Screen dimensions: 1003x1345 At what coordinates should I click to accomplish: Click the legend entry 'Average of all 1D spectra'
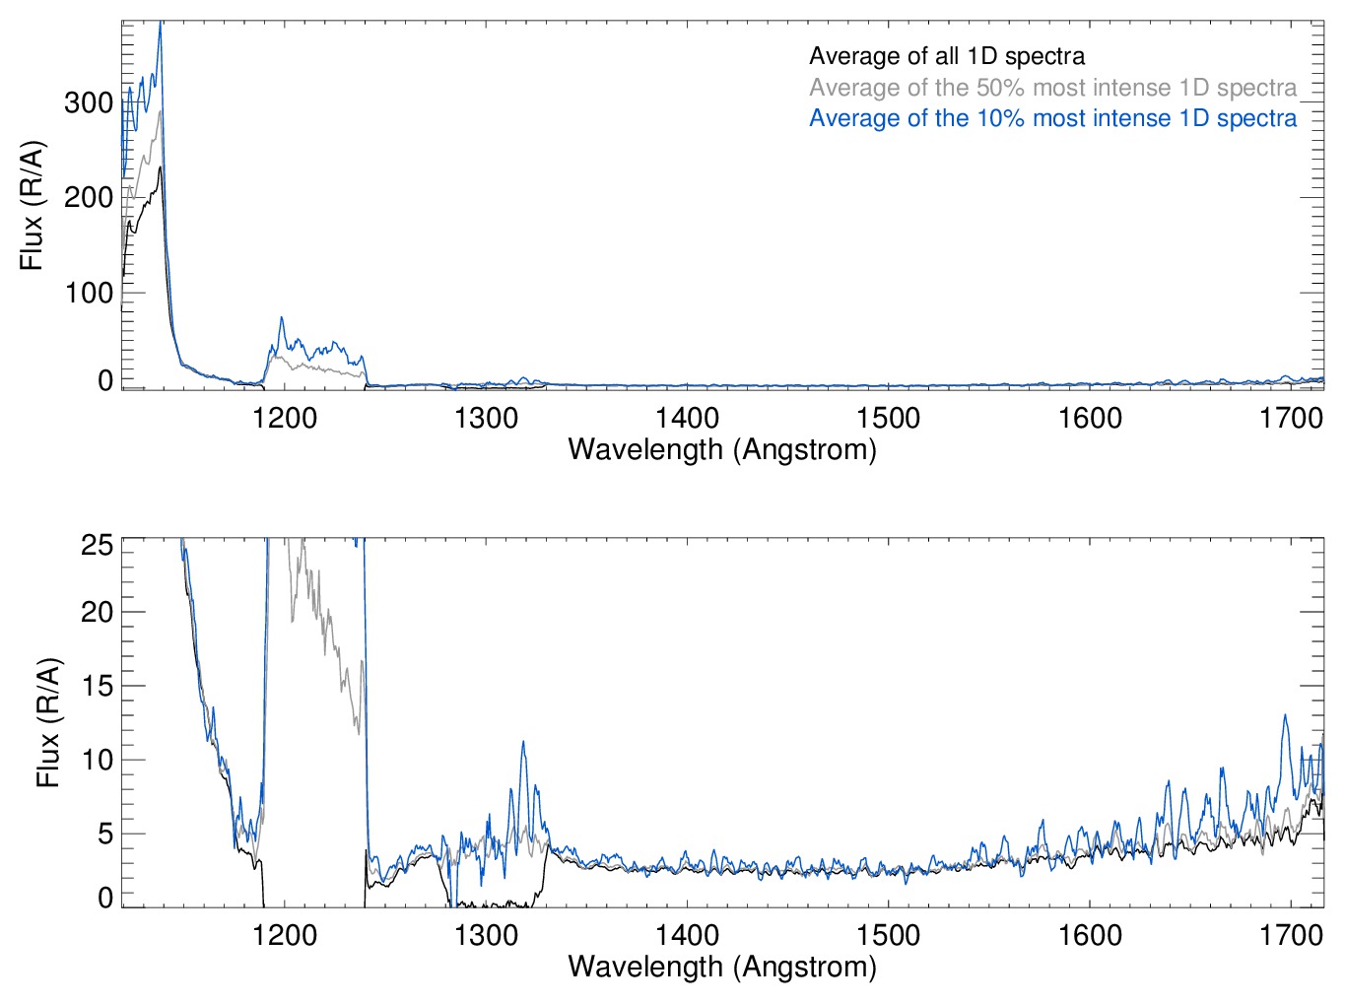[x=947, y=56]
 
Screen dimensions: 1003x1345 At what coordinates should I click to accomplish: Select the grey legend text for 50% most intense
[x=1052, y=88]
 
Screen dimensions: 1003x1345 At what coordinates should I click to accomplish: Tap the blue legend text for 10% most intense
[x=1052, y=118]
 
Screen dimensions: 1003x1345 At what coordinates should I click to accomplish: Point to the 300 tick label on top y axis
[x=89, y=102]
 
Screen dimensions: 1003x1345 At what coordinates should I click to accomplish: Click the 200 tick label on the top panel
[x=89, y=197]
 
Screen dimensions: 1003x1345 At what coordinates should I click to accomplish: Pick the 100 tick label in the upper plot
[x=89, y=293]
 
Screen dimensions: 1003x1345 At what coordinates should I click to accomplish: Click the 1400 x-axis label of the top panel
[x=688, y=419]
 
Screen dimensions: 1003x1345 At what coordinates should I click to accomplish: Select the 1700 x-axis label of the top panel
[x=1291, y=419]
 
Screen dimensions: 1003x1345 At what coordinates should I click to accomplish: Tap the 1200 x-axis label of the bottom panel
[x=285, y=935]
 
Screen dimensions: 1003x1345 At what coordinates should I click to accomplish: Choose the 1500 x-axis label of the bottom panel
[x=889, y=935]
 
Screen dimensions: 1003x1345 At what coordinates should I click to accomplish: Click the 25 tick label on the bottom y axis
[x=97, y=545]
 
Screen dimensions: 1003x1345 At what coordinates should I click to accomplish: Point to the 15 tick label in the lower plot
[x=97, y=686]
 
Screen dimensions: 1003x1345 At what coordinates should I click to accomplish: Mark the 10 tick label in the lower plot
[x=97, y=760]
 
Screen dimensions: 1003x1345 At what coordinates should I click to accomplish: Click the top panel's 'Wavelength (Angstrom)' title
[x=722, y=450]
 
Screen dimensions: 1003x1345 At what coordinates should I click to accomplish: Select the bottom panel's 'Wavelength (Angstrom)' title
[x=722, y=967]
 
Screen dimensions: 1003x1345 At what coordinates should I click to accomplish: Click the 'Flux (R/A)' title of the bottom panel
[x=48, y=723]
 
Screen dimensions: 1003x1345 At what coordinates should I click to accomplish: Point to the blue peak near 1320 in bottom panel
[x=523, y=742]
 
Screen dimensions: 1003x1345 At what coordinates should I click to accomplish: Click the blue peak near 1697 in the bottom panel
[x=1285, y=715]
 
